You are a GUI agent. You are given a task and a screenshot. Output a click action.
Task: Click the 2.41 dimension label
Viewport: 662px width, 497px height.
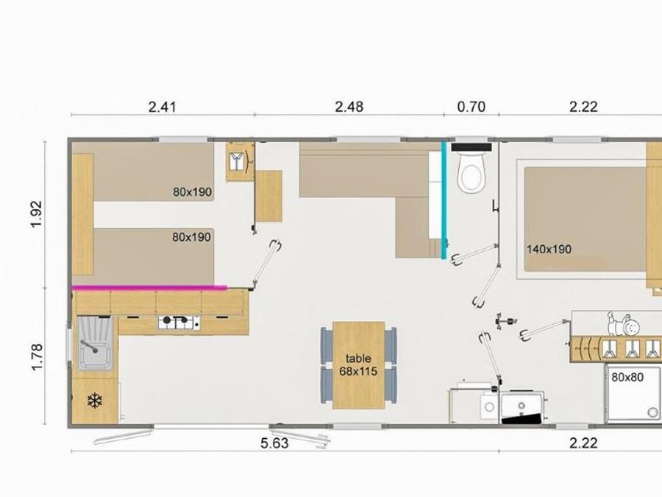(x=162, y=107)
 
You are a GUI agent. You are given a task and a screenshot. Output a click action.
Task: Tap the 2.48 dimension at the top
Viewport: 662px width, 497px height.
(x=349, y=107)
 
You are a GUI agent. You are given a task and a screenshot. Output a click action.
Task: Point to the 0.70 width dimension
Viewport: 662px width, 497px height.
(x=471, y=107)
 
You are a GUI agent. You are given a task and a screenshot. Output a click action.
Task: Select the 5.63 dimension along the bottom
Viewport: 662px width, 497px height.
(x=274, y=443)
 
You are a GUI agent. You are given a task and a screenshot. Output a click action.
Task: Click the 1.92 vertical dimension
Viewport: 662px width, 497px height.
(x=37, y=214)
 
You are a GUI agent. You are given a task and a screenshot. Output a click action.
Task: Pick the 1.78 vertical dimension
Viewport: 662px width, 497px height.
(x=37, y=357)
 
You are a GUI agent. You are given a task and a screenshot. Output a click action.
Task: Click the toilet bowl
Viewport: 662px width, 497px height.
(x=471, y=173)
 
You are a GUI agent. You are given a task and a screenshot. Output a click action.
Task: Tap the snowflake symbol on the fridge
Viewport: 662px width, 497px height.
(x=95, y=401)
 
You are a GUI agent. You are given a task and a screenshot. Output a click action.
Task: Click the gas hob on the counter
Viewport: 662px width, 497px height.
(x=179, y=322)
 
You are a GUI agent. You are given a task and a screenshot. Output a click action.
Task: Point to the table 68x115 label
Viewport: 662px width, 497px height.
(x=358, y=365)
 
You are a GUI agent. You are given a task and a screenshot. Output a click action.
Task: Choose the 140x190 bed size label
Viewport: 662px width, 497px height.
(x=549, y=250)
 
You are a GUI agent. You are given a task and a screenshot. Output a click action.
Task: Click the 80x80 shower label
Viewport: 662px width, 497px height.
(x=627, y=376)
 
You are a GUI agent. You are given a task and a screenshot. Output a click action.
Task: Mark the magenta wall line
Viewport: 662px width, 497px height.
(x=149, y=288)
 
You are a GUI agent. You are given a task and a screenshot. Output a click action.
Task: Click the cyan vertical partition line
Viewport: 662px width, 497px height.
(x=444, y=200)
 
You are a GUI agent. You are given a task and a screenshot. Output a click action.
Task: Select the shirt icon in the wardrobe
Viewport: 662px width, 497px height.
(x=238, y=161)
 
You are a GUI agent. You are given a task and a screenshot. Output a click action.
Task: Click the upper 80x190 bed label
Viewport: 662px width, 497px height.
(x=192, y=192)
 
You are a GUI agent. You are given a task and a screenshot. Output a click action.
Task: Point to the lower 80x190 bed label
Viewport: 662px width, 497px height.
(x=191, y=237)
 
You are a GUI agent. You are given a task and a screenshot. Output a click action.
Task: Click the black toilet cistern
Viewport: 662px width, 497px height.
(x=471, y=147)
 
